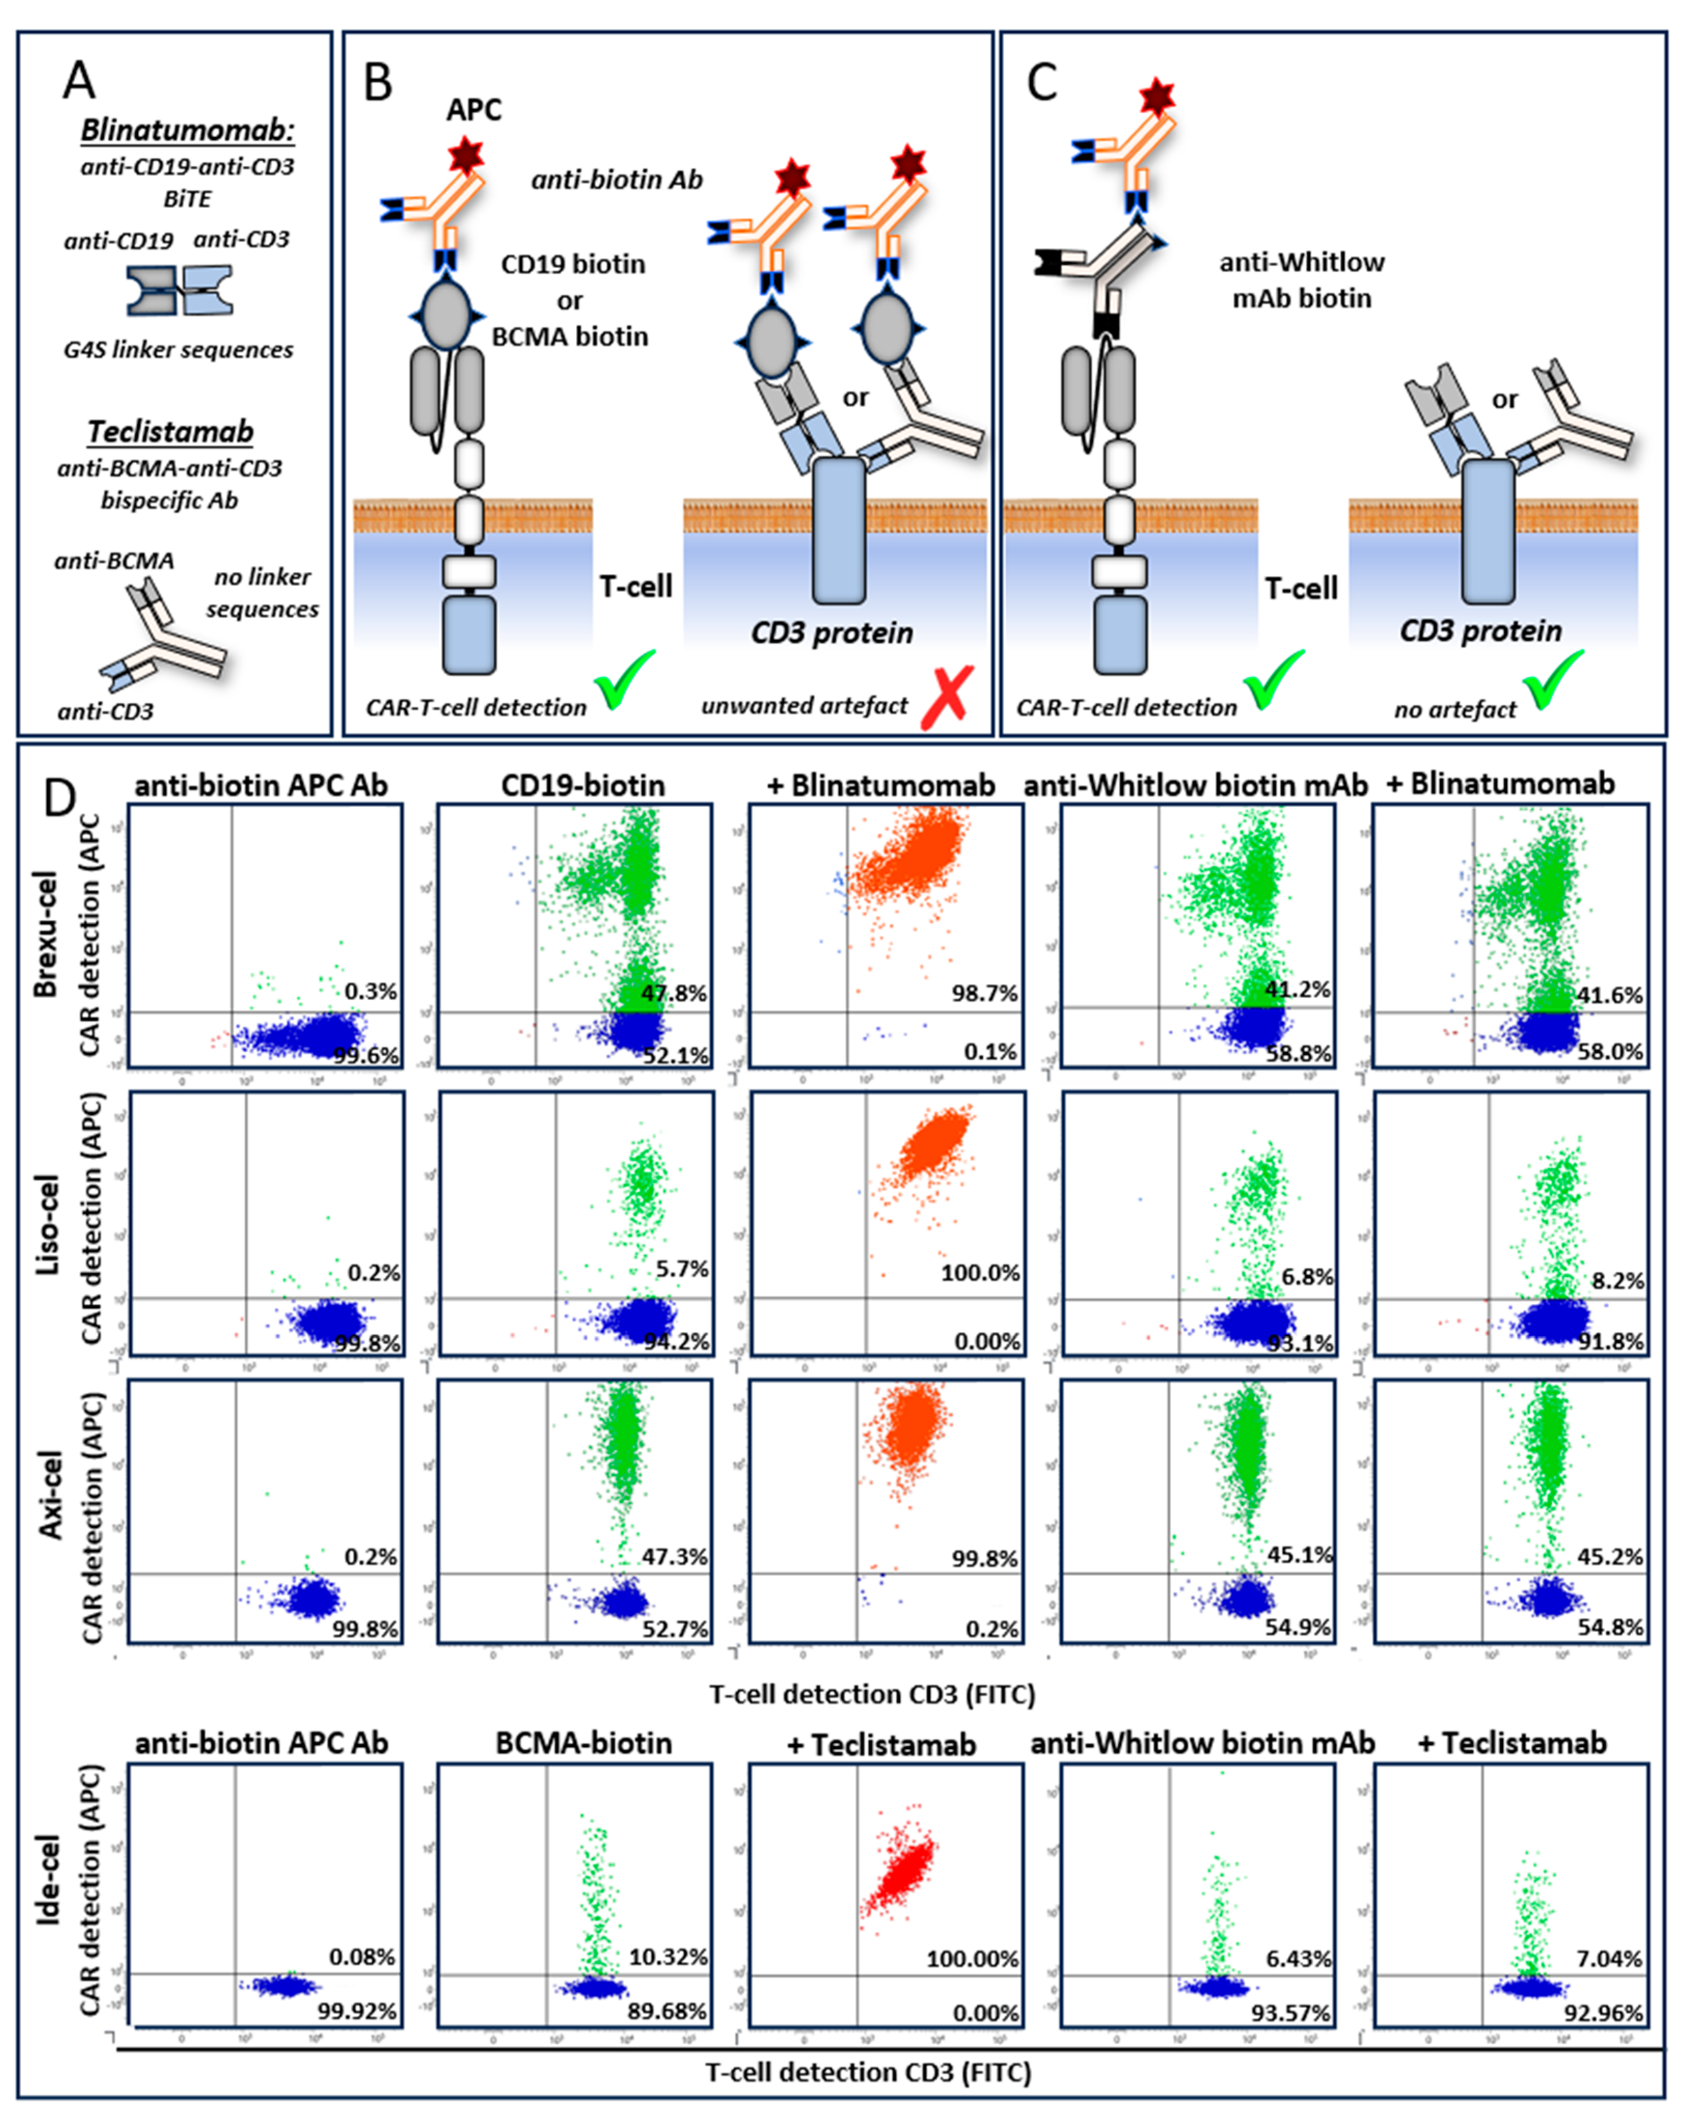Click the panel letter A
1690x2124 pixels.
click(79, 79)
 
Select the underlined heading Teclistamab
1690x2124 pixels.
click(170, 431)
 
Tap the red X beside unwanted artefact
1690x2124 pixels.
click(946, 697)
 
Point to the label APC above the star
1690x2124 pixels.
click(474, 110)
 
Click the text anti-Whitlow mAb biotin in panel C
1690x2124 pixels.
click(1301, 280)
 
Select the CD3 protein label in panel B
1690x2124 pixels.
click(832, 632)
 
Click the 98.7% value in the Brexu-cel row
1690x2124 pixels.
click(984, 993)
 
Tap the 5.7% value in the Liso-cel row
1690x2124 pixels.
click(681, 1269)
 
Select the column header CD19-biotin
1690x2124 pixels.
click(583, 785)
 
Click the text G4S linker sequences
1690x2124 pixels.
click(178, 350)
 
